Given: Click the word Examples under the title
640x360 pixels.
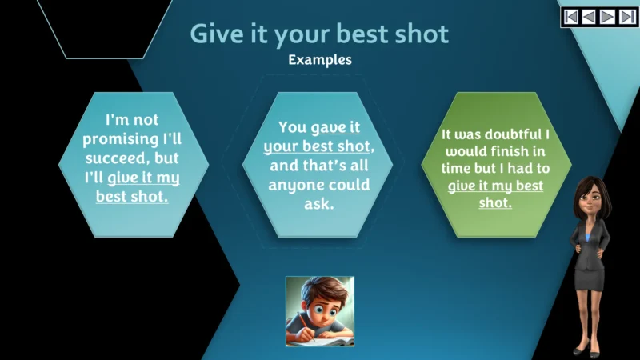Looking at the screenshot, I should pos(320,59).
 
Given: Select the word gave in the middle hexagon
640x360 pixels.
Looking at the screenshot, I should pos(328,127).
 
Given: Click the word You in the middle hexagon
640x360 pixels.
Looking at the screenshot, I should pos(293,127).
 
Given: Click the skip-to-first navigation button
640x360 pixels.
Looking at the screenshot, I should pos(570,16).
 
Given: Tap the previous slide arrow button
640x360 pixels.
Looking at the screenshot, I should pos(590,16).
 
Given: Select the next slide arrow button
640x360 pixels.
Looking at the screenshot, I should pos(609,16).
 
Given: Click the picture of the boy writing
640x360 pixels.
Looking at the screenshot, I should pos(319,311).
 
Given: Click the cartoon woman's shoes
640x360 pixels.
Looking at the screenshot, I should pos(591,350).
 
